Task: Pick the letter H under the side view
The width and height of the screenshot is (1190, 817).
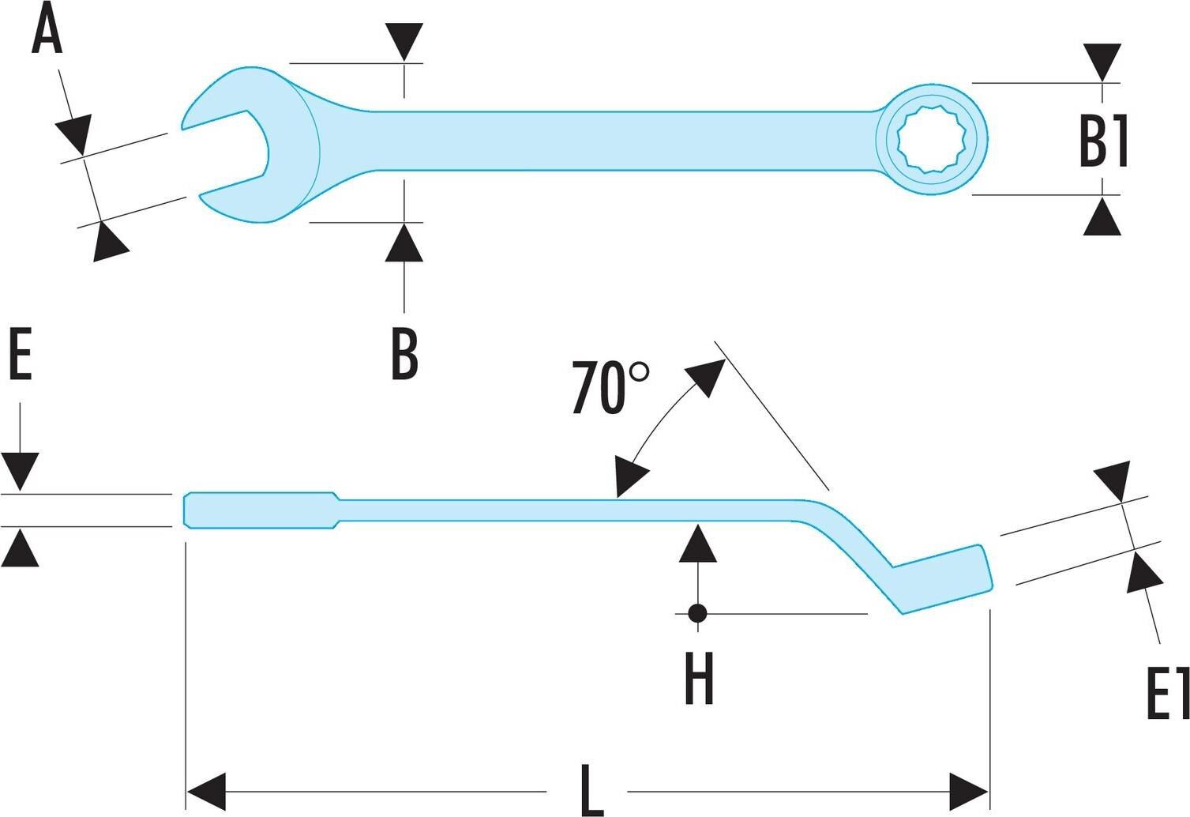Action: click(699, 679)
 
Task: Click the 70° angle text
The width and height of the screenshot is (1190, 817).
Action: click(610, 388)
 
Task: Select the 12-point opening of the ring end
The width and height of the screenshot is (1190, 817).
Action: click(932, 139)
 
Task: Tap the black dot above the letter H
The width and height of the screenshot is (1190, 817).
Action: click(696, 612)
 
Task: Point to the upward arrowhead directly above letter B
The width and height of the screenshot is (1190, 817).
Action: click(404, 243)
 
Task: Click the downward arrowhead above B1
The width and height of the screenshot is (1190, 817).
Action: click(1102, 62)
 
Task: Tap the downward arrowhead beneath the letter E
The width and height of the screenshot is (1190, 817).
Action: click(21, 471)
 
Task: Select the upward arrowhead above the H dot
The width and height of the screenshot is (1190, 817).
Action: click(697, 543)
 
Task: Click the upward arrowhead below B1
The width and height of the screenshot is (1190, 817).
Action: click(1102, 217)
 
